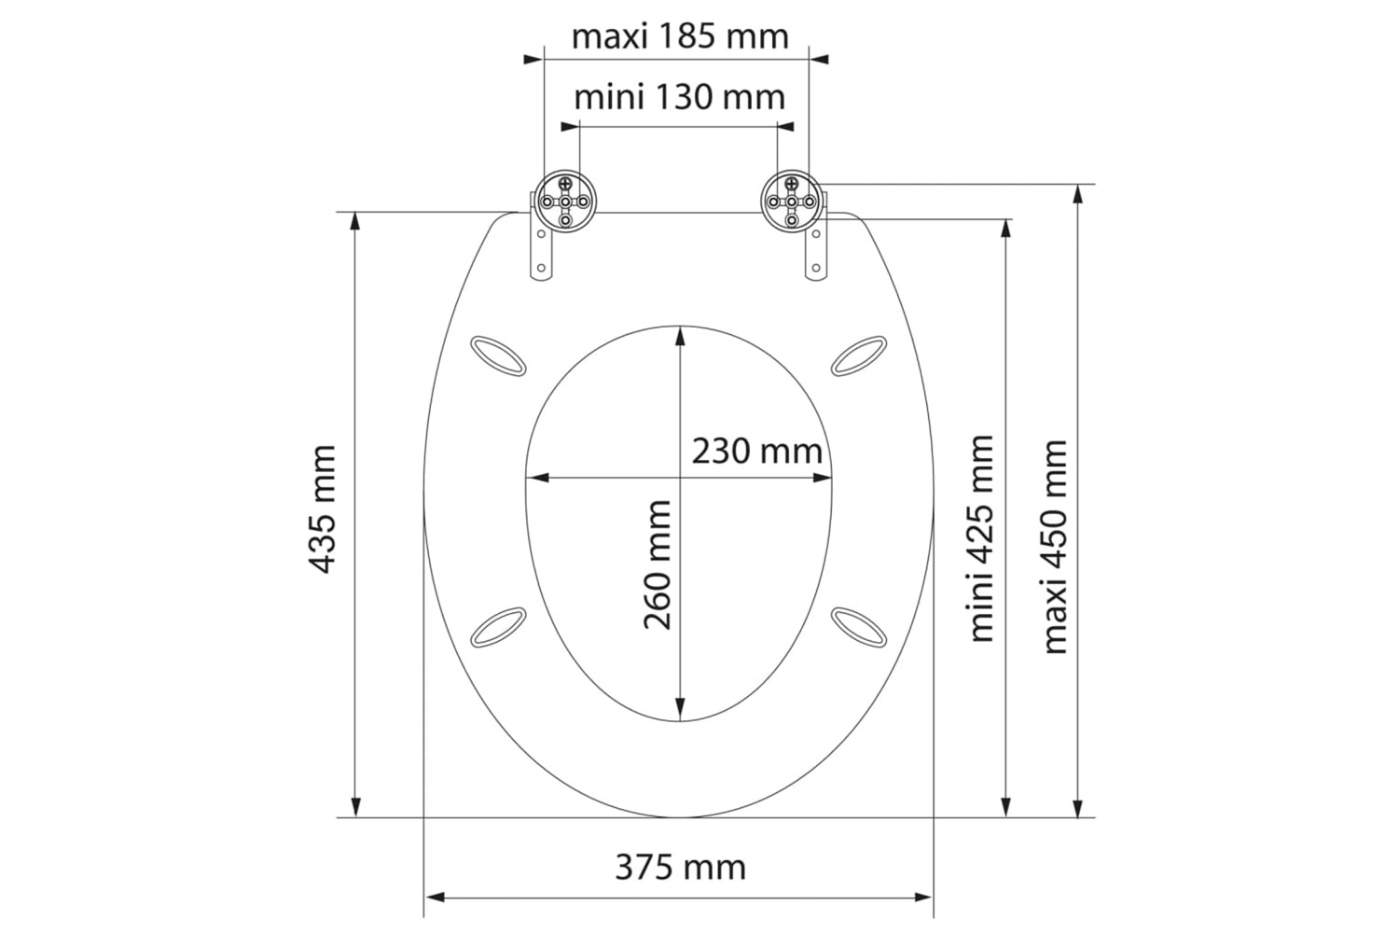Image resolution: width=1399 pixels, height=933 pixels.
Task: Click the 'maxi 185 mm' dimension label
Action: (680, 37)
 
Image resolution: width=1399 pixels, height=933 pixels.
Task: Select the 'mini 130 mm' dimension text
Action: (680, 97)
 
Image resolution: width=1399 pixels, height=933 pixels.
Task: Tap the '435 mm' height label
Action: (323, 509)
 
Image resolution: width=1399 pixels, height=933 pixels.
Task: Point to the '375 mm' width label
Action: (680, 868)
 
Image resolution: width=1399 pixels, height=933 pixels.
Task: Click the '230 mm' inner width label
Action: (756, 452)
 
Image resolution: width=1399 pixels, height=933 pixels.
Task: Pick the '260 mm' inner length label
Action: (657, 564)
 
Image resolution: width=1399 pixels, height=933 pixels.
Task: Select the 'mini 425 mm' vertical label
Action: (979, 538)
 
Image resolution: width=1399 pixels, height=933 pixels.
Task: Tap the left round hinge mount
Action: (564, 202)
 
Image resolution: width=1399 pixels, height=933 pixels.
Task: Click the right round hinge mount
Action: (791, 202)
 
